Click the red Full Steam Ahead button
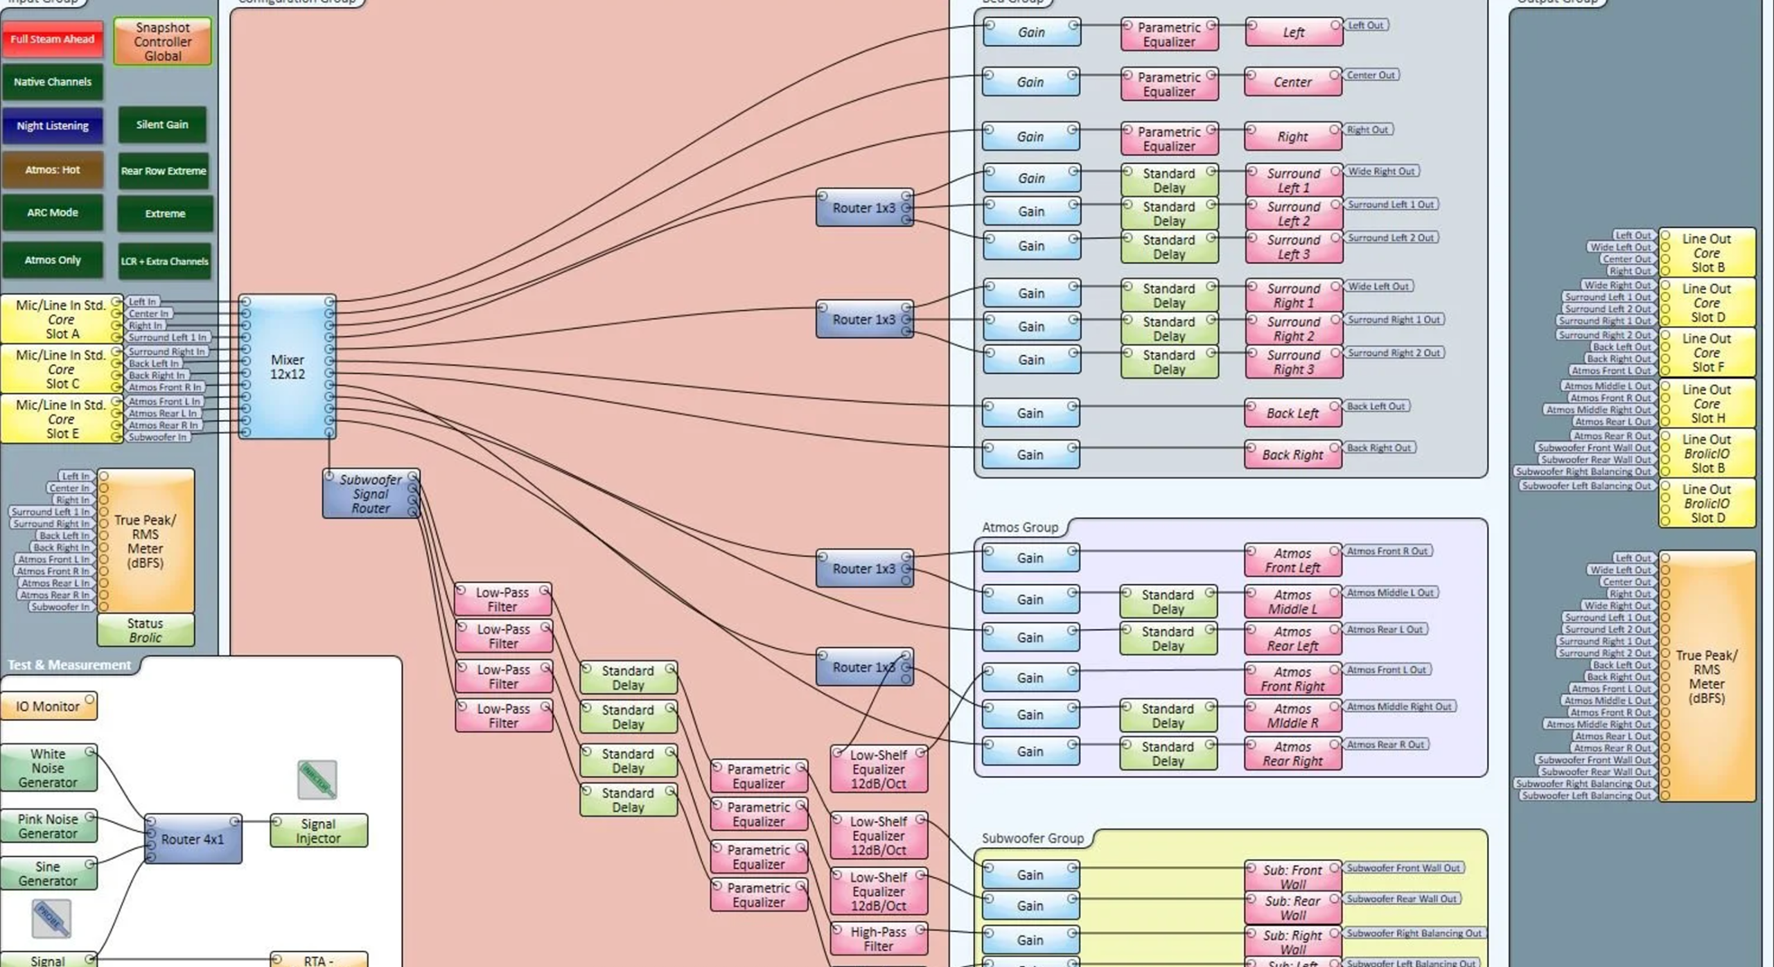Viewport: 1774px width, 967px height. [52, 39]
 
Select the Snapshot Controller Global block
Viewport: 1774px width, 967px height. [162, 42]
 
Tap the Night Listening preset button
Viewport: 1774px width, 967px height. [52, 125]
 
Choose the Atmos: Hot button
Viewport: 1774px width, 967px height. [52, 170]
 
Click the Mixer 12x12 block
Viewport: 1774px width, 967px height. [287, 367]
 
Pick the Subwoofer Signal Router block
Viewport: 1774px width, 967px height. [371, 494]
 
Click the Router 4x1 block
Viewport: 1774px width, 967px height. [193, 839]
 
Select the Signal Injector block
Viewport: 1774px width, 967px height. [318, 831]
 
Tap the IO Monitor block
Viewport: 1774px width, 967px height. [48, 706]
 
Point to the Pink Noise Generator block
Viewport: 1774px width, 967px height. [48, 826]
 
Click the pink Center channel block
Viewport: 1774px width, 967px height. [1292, 82]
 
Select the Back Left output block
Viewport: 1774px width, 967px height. [1292, 414]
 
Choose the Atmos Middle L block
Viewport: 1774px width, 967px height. [1292, 602]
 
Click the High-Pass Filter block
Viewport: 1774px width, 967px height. [878, 939]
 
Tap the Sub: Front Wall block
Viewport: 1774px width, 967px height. [1292, 877]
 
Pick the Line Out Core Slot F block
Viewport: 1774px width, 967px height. [1706, 353]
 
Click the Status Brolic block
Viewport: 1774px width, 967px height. [145, 630]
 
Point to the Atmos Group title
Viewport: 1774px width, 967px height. [1019, 527]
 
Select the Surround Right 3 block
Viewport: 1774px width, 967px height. [1292, 362]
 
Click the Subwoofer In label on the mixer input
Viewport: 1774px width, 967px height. [157, 437]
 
